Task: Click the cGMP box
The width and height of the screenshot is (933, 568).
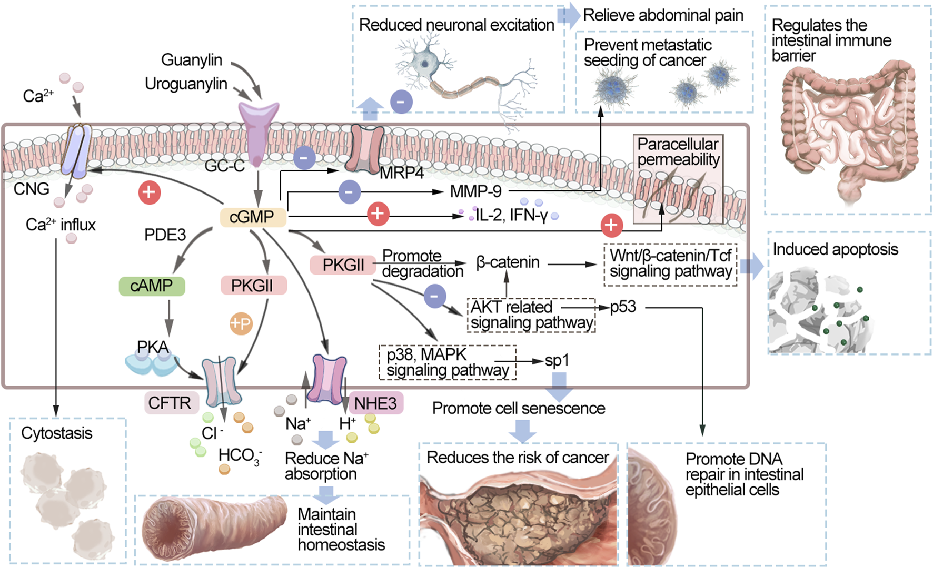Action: coord(253,217)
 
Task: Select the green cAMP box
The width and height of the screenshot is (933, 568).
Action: coord(152,286)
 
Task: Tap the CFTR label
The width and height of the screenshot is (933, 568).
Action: coord(170,403)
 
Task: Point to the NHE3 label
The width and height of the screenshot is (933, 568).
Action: coord(375,403)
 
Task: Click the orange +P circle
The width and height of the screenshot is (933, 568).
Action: coord(241,323)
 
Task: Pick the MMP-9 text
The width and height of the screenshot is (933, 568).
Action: coord(475,192)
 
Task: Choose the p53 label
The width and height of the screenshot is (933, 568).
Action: coord(623,307)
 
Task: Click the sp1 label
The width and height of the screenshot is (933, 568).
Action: coord(557,361)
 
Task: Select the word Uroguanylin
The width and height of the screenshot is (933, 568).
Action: coord(186,84)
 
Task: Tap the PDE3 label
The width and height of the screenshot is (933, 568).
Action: coord(165,235)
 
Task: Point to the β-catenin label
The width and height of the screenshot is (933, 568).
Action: coord(508,262)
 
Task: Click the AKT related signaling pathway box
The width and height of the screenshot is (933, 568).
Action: coord(531,315)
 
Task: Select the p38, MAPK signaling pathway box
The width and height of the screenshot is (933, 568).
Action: coord(448,362)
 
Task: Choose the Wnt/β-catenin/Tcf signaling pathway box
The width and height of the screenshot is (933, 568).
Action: coord(670,264)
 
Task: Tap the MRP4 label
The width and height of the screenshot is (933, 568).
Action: coord(402,173)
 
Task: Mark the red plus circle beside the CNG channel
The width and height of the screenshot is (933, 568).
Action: coord(150,192)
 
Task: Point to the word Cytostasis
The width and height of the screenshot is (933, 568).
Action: coord(56,433)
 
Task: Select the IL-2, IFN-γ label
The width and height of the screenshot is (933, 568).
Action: coord(511,215)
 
